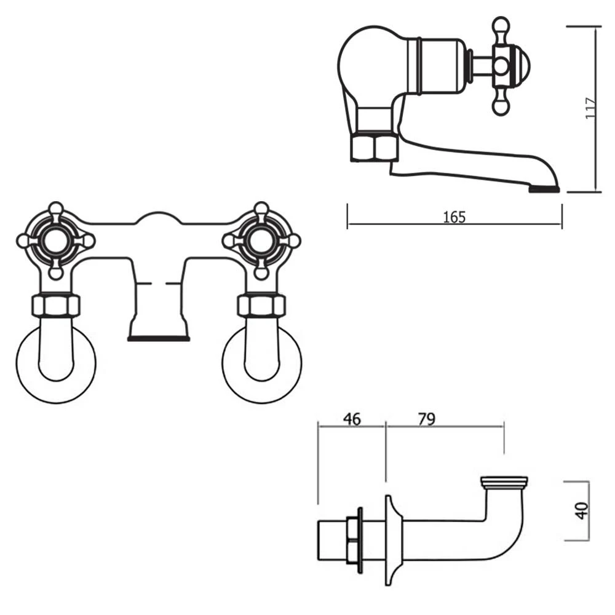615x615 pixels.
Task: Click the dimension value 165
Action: pyautogui.click(x=454, y=216)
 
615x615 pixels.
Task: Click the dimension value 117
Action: pyautogui.click(x=591, y=109)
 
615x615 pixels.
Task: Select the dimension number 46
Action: pyautogui.click(x=351, y=419)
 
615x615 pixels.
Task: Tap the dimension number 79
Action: pyautogui.click(x=426, y=419)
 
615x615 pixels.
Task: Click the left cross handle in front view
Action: pyautogui.click(x=55, y=240)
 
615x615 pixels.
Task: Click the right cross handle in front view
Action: pyautogui.click(x=261, y=240)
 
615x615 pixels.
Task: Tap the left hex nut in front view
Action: pyautogui.click(x=56, y=305)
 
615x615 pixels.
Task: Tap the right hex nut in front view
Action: pyautogui.click(x=262, y=305)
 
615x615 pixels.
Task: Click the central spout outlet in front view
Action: pyautogui.click(x=158, y=337)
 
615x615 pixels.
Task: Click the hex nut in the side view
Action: pyautogui.click(x=374, y=148)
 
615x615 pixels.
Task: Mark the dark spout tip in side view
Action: pyautogui.click(x=544, y=189)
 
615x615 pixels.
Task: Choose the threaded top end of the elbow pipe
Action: pyautogui.click(x=504, y=482)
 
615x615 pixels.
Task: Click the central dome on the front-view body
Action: pyautogui.click(x=158, y=220)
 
